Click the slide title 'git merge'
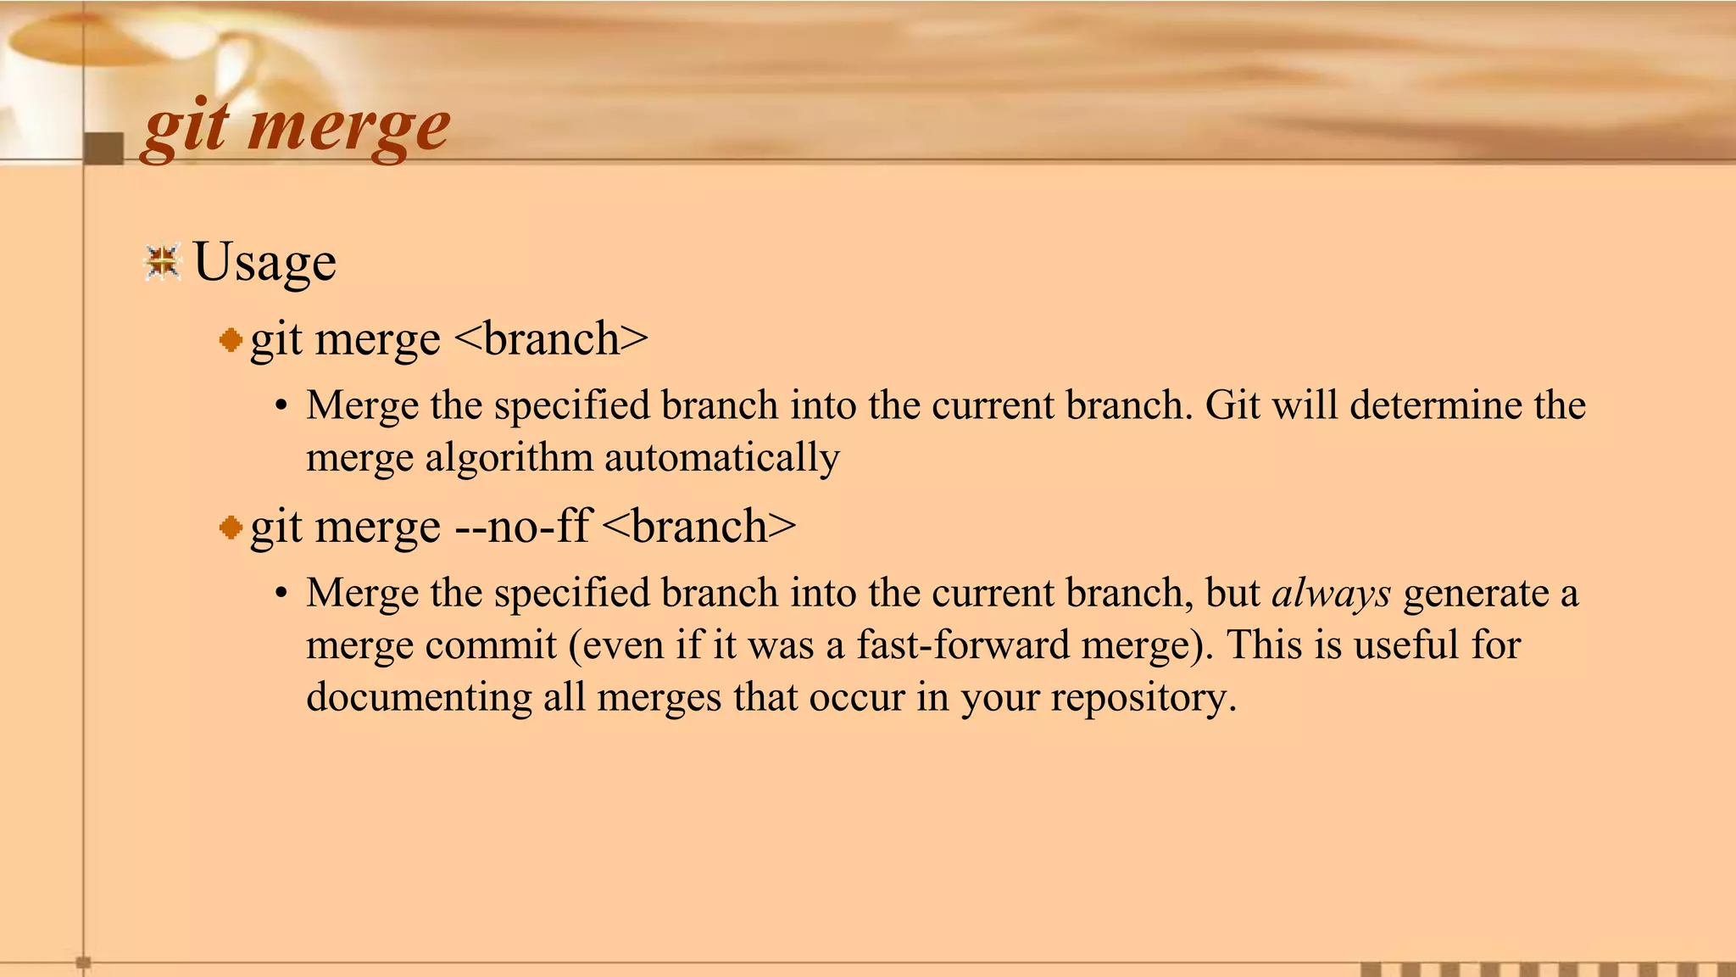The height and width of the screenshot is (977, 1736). [296, 128]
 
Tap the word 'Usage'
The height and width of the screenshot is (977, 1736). [264, 262]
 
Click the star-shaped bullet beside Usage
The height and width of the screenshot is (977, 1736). [163, 262]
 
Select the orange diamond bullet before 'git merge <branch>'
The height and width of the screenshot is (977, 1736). [231, 341]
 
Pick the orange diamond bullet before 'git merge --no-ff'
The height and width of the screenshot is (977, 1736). [231, 528]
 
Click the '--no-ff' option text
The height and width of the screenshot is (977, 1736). [522, 527]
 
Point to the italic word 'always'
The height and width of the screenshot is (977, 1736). [1331, 594]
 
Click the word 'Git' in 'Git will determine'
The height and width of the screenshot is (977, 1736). [1232, 405]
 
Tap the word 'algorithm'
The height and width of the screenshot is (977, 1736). [509, 459]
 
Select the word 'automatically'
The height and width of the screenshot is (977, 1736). [721, 459]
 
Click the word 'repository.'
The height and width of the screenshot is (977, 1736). [1143, 698]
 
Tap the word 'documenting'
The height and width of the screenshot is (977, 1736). [419, 698]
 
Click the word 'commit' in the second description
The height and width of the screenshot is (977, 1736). [491, 645]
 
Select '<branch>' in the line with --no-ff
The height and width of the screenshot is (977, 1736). [700, 527]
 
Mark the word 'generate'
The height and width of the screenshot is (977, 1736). [1476, 594]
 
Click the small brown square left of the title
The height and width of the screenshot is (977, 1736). [104, 148]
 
